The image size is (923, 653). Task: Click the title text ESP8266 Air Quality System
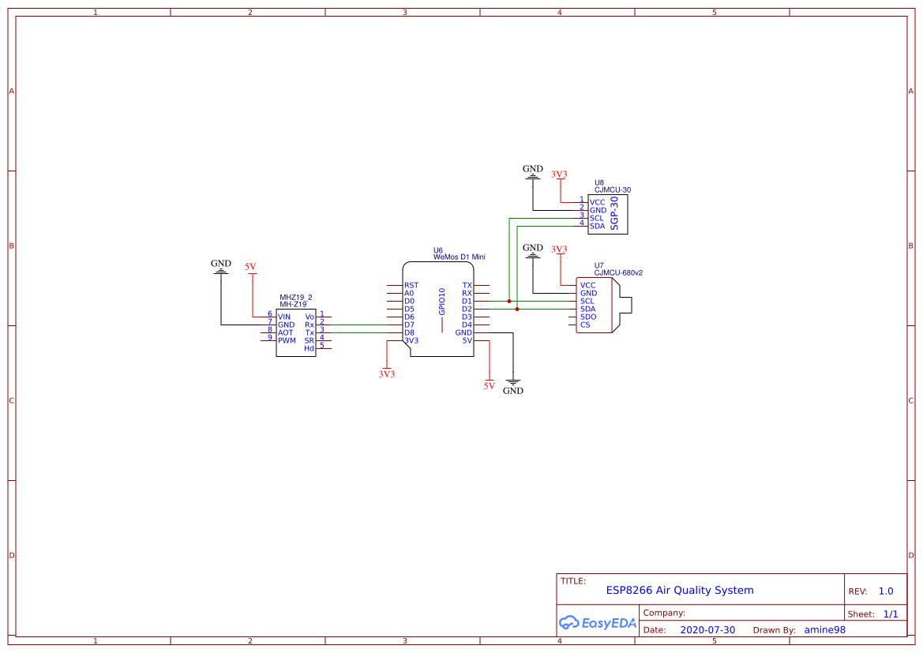[x=679, y=590]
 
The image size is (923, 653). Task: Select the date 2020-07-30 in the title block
[x=707, y=630]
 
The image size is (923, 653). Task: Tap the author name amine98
[x=824, y=630]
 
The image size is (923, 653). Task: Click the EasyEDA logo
[x=598, y=622]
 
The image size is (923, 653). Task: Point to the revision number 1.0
[x=885, y=591]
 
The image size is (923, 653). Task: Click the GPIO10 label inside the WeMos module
[x=442, y=302]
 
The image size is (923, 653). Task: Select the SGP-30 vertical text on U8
[x=615, y=213]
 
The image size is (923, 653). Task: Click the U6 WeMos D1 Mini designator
[x=458, y=253]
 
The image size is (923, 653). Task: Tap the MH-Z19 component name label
[x=293, y=304]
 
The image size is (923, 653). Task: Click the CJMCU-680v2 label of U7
[x=618, y=273]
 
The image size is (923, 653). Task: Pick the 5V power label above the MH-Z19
[x=250, y=268]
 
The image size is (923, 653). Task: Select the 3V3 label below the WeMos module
[x=386, y=373]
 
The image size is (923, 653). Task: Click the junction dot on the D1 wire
[x=509, y=301]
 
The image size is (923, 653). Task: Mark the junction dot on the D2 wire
[x=517, y=309]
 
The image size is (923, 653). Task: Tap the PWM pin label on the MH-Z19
[x=287, y=340]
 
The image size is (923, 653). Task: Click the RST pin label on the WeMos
[x=411, y=285]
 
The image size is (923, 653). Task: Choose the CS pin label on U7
[x=584, y=325]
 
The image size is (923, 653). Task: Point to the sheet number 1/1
[x=890, y=614]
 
